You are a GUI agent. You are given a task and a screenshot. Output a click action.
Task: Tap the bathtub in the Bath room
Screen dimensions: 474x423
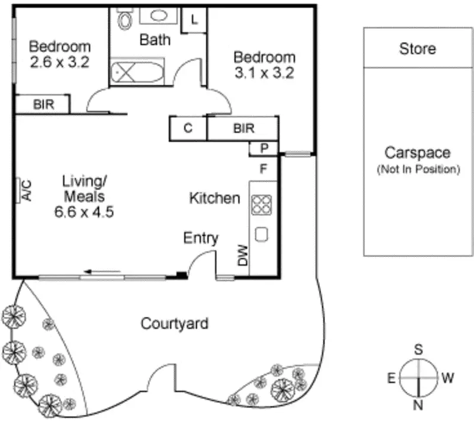(136, 72)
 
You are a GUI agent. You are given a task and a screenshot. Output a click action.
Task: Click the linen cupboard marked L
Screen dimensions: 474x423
(194, 18)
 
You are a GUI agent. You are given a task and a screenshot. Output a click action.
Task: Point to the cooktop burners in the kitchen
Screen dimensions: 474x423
(261, 205)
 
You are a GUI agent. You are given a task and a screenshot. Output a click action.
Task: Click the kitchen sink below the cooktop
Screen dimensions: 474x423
(261, 234)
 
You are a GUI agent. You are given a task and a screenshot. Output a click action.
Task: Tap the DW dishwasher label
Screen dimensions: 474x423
(242, 256)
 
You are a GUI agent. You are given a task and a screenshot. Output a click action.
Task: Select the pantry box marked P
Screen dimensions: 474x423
(264, 148)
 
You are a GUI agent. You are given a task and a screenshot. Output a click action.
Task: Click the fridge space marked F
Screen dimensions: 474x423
(264, 168)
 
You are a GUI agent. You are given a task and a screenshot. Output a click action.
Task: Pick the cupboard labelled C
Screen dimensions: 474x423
(188, 128)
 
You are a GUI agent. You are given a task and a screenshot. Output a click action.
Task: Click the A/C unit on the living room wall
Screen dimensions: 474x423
(25, 190)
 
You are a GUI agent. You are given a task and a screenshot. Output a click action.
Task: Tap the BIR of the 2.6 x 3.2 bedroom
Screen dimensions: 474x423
(43, 104)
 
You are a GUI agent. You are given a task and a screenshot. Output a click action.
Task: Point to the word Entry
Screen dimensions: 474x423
(201, 238)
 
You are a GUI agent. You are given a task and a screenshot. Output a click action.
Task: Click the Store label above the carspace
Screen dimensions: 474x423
(417, 48)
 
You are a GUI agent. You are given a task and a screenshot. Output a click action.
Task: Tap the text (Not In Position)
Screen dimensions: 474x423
(418, 170)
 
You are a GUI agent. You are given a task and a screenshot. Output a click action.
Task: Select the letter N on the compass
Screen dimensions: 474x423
(418, 406)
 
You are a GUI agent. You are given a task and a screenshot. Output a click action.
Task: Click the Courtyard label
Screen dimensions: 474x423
(174, 323)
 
